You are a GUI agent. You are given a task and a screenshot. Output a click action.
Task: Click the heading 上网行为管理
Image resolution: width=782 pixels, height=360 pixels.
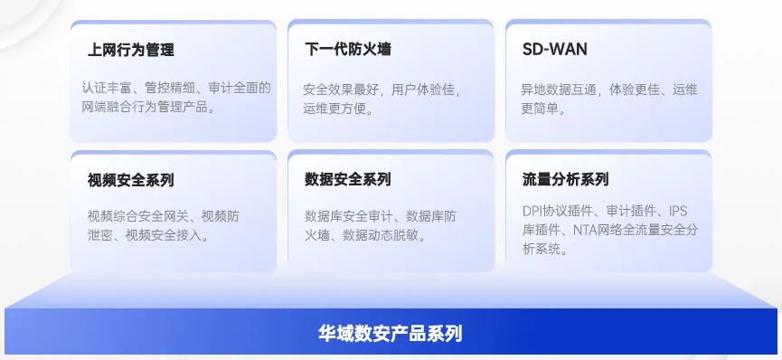click(x=131, y=50)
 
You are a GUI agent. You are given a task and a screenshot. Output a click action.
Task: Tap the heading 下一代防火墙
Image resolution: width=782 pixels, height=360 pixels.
click(x=348, y=49)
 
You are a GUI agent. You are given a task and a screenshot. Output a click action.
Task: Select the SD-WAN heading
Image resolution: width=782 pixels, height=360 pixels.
click(x=554, y=49)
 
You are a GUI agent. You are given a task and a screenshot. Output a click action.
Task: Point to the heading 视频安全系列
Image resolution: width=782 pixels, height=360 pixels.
click(x=131, y=180)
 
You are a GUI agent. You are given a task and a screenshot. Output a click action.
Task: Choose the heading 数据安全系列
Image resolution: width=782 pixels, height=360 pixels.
click(x=348, y=179)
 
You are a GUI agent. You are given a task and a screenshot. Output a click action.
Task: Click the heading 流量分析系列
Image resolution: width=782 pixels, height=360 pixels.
click(x=566, y=179)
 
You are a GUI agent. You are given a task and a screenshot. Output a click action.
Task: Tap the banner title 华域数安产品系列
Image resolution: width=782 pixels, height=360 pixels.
click(x=391, y=333)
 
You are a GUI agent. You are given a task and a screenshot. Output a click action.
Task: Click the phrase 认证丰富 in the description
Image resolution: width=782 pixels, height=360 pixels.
click(x=107, y=88)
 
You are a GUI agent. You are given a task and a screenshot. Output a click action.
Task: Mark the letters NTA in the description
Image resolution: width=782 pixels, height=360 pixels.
click(x=583, y=230)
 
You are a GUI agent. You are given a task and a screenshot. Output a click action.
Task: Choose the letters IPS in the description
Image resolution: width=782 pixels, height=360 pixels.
click(x=678, y=212)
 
